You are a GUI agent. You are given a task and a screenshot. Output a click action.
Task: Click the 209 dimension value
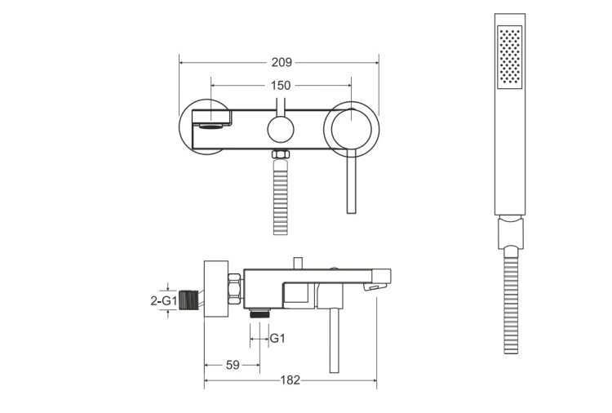pyautogui.click(x=282, y=63)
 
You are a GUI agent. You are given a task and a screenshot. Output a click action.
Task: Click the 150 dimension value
pyautogui.click(x=281, y=86)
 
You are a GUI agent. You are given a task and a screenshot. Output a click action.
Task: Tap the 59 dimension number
pyautogui.click(x=233, y=365)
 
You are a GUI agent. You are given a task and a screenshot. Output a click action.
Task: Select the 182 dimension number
pyautogui.click(x=290, y=380)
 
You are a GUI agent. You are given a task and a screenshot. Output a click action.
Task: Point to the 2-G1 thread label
pyautogui.click(x=164, y=300)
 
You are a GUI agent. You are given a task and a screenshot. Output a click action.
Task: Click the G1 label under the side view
pyautogui.click(x=277, y=338)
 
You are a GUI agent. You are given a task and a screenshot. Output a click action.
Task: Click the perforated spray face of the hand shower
pyautogui.click(x=510, y=55)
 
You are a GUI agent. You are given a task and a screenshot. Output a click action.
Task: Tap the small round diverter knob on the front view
pyautogui.click(x=280, y=130)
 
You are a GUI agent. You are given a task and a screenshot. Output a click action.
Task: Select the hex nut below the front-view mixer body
pyautogui.click(x=282, y=154)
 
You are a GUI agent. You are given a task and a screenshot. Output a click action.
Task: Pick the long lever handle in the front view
pyautogui.click(x=351, y=181)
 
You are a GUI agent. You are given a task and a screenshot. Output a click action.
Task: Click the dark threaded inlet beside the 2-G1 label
pyautogui.click(x=189, y=300)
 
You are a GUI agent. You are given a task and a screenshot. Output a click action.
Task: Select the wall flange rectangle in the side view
pyautogui.click(x=216, y=289)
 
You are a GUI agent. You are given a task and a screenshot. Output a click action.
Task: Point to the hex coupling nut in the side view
pyautogui.click(x=235, y=289)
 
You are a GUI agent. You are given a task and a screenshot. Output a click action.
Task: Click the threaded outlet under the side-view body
pyautogui.click(x=260, y=313)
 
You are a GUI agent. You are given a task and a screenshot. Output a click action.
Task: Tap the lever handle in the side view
pyautogui.click(x=334, y=340)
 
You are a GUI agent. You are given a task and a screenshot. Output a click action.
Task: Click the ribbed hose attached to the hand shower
pyautogui.click(x=511, y=300)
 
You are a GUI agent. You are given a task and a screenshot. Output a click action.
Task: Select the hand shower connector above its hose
pyautogui.click(x=511, y=233)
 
